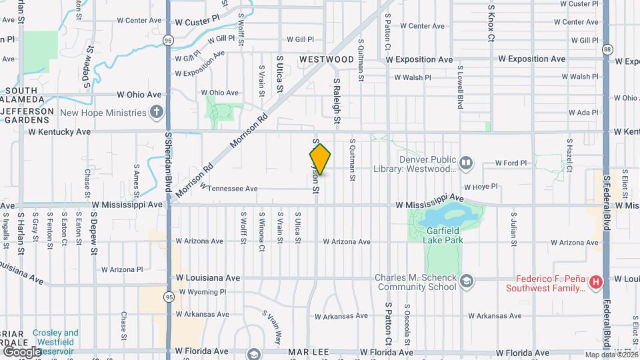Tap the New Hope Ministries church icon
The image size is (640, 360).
coord(156,112)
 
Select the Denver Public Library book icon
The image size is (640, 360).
coord(466,161)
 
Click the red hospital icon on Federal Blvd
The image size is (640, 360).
coord(596,283)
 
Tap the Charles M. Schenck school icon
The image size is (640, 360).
coord(466,282)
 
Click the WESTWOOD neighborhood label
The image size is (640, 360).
coord(326,59)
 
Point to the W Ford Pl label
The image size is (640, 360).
coord(511,163)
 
